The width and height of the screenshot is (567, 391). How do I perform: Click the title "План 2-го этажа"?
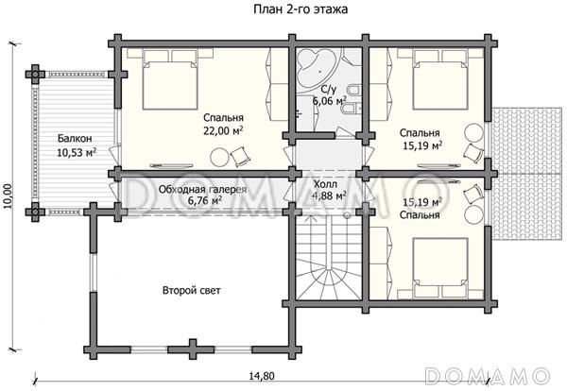(301, 9)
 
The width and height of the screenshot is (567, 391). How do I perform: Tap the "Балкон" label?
(75, 139)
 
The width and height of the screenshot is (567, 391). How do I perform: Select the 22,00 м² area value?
(223, 131)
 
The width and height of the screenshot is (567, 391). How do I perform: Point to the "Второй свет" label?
(191, 291)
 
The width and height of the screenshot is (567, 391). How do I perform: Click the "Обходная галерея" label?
(202, 189)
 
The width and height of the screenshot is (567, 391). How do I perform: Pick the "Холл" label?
(325, 185)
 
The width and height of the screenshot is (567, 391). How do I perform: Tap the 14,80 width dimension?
(262, 376)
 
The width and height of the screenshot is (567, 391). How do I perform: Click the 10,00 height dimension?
(9, 196)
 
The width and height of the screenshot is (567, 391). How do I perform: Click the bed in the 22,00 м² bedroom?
(170, 79)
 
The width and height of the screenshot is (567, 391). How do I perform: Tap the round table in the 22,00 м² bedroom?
(219, 157)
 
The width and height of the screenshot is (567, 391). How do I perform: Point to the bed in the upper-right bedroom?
(440, 79)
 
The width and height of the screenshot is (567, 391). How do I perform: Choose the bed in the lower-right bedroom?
(440, 267)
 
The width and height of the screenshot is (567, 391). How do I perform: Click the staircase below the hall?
(329, 257)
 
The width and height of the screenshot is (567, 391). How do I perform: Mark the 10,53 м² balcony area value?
(77, 152)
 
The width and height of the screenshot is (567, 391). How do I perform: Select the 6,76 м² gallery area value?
(205, 200)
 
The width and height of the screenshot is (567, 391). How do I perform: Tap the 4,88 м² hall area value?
(329, 196)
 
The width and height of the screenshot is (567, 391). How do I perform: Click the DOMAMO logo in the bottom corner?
(487, 375)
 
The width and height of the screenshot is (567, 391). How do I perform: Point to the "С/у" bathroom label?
(328, 90)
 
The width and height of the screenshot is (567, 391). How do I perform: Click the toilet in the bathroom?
(352, 89)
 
